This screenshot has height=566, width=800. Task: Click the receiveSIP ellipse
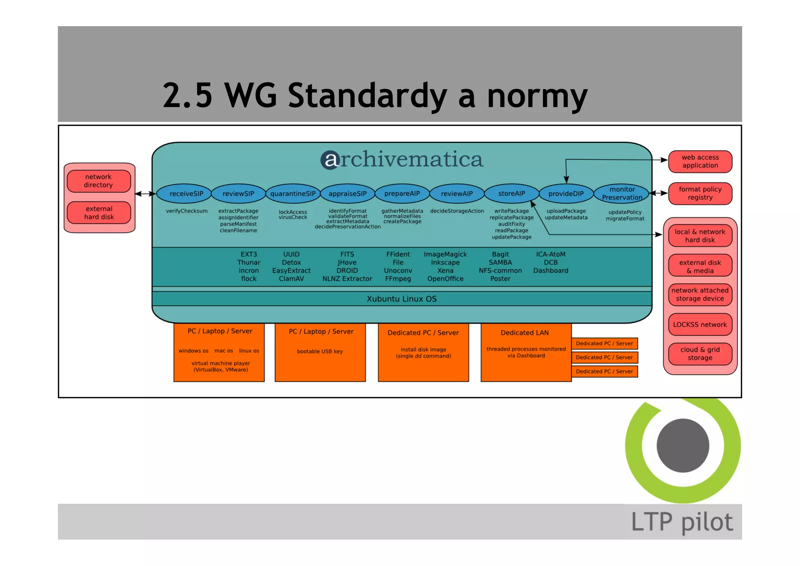click(x=186, y=193)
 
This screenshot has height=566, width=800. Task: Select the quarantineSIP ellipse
click(x=293, y=193)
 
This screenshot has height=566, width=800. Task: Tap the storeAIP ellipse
click(x=511, y=193)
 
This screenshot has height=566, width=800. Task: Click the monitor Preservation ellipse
click(x=622, y=193)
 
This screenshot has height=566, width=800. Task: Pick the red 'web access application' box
click(x=700, y=161)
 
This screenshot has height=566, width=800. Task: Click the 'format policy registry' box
click(x=700, y=193)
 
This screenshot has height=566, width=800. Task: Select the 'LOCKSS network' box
click(x=700, y=324)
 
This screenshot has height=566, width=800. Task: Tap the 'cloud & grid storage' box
click(x=700, y=354)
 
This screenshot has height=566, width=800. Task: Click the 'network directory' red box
click(x=98, y=181)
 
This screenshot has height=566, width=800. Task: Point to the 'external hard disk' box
click(x=99, y=213)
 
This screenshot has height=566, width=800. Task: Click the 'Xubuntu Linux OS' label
click(x=402, y=299)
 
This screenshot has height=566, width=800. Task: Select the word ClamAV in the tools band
click(x=291, y=279)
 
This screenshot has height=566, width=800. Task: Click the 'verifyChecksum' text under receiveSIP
click(x=187, y=211)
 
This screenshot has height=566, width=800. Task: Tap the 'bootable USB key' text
click(x=320, y=351)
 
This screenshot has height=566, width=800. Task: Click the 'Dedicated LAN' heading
click(x=525, y=333)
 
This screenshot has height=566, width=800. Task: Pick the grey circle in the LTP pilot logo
click(x=683, y=446)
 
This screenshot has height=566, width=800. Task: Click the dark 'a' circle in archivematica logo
click(x=330, y=160)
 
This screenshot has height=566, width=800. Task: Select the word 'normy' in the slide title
click(x=537, y=96)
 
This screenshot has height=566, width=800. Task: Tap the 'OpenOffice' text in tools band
click(x=445, y=279)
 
